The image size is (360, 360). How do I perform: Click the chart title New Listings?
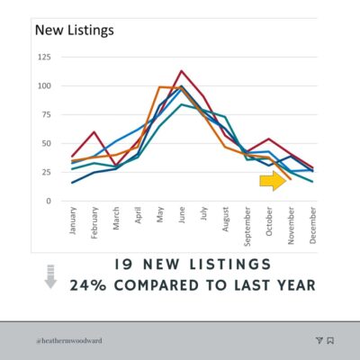coord(75,31)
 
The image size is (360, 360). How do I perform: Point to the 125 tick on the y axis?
coord(44,57)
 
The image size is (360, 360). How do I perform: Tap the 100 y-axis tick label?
coord(44,85)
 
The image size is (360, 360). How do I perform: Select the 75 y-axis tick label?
coord(46,114)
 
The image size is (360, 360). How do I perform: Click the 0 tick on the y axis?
coord(49,201)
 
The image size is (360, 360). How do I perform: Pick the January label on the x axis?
coord(73,220)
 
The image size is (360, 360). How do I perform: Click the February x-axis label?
coord(94,222)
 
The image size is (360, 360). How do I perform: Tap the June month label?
coord(182,215)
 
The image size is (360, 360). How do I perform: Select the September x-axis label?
coord(247,227)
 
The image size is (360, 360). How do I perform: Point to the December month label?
coord(312,225)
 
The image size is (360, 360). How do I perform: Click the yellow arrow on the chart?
coord(273,181)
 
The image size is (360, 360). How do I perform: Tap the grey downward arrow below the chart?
coord(50,276)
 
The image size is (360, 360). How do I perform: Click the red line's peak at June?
coord(182,71)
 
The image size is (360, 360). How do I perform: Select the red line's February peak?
coord(94,131)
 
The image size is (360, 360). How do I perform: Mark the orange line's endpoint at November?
coord(291,179)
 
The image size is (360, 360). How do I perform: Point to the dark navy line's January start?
coord(72,183)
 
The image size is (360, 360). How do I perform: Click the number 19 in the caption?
coord(123,265)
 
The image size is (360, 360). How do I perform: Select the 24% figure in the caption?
coord(88,285)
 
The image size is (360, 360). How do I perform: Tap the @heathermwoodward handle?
coord(69,341)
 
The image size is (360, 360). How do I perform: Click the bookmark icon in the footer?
coord(330,340)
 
